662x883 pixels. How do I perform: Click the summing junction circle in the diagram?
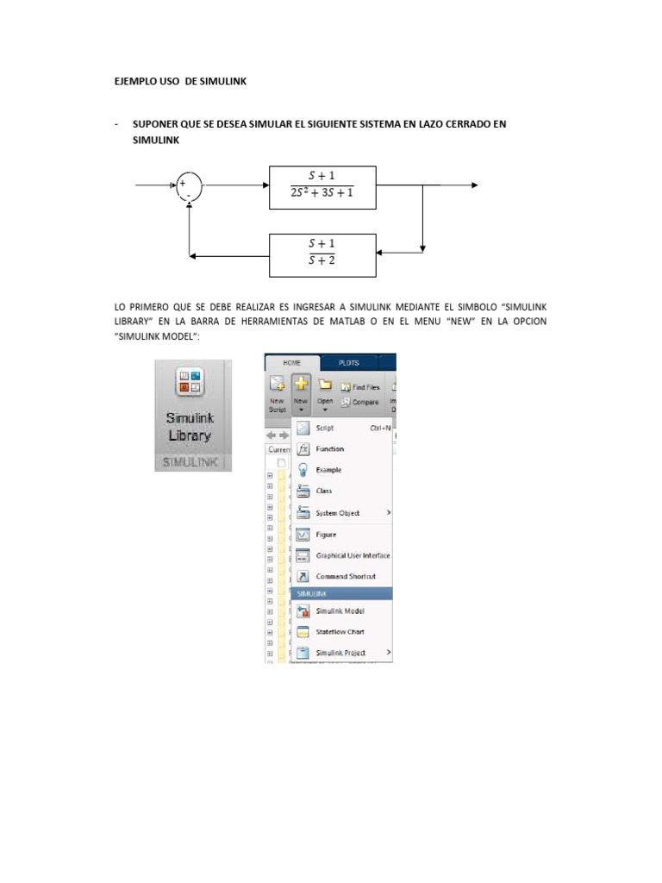click(x=189, y=185)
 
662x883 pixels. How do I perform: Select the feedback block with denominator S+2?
click(x=322, y=255)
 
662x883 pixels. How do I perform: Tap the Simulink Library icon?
click(x=189, y=383)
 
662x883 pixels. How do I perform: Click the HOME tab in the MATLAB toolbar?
click(x=292, y=363)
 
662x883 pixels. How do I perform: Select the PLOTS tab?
click(x=348, y=363)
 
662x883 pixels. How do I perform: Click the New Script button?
click(x=277, y=392)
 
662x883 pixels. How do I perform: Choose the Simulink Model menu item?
click(x=340, y=611)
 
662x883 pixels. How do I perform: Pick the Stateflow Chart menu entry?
click(x=340, y=632)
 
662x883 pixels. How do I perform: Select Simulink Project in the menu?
click(x=340, y=653)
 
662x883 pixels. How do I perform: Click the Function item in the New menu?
click(x=329, y=449)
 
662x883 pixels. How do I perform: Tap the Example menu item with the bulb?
click(x=328, y=470)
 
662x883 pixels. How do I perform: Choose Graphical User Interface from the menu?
click(x=353, y=555)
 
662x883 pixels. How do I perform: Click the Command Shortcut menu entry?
click(x=345, y=576)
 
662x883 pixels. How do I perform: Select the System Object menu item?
click(x=337, y=513)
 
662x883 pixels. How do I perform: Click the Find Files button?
click(x=360, y=387)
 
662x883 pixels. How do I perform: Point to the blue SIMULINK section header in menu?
click(x=342, y=594)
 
